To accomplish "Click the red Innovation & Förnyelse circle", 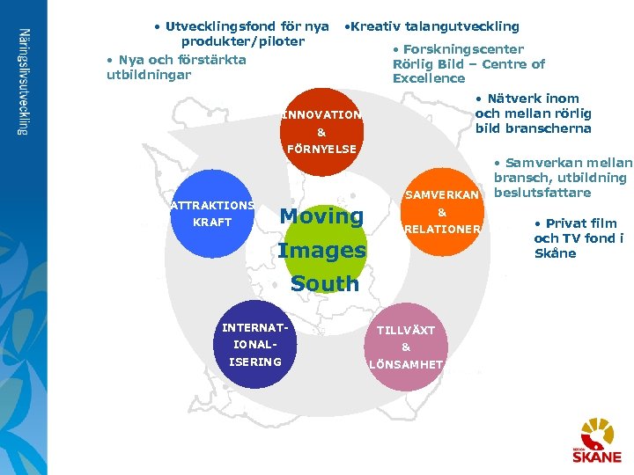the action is [x=321, y=131].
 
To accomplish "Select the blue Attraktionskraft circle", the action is [x=212, y=214].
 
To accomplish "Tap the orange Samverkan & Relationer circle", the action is [x=442, y=212].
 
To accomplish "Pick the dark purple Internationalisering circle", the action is [x=253, y=345].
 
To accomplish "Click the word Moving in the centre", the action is [x=321, y=216].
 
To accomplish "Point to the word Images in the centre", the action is [x=321, y=251].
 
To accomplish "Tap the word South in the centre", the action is [x=325, y=284].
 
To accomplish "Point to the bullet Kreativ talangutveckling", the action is [x=432, y=26].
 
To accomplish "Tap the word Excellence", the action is [x=429, y=78].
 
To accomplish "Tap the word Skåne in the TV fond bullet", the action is [x=555, y=253].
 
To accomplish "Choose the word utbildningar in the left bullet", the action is [x=148, y=75].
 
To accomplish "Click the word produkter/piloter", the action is [x=242, y=41].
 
